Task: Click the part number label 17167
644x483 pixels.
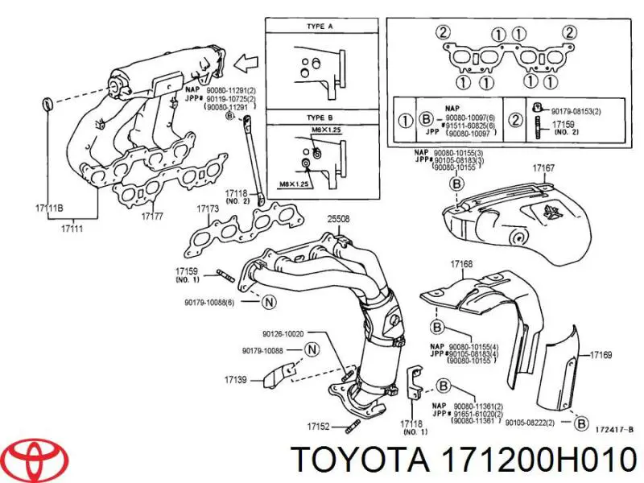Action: coord(543,168)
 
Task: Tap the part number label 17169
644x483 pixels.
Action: coord(601,354)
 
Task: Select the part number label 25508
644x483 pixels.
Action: coord(339,217)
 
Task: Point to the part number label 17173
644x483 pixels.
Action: coord(208,208)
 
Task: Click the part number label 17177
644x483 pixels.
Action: coord(153,217)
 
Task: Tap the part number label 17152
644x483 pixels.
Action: coord(319,427)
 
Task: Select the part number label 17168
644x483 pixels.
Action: coord(461,263)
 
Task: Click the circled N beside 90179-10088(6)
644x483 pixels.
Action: coord(269,302)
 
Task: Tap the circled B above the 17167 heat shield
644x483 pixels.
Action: coord(456,184)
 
